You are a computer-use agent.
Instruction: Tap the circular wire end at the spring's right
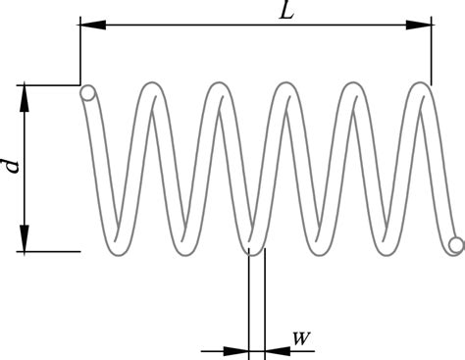454,244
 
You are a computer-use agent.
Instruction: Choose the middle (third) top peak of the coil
283,89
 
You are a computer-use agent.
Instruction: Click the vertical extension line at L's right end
431,49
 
